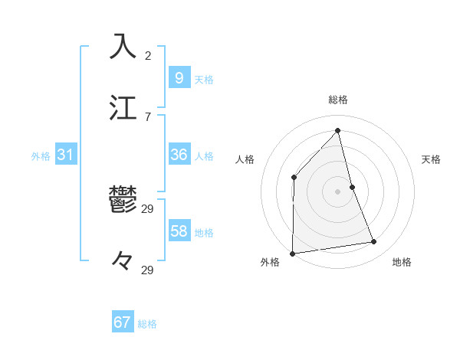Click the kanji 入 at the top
[x=123, y=46]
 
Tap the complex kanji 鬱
[x=123, y=201]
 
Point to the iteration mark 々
[x=123, y=262]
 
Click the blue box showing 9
[x=179, y=78]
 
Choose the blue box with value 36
[x=179, y=155]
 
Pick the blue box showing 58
[x=179, y=231]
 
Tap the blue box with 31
[x=65, y=155]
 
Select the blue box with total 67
[x=123, y=322]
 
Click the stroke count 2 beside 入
[x=148, y=56]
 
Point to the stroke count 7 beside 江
[x=148, y=116]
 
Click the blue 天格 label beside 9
[x=203, y=79]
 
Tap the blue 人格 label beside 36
[x=203, y=155]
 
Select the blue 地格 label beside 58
[x=203, y=232]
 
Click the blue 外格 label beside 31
[x=41, y=155]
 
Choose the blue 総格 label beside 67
[x=147, y=323]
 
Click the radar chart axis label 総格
[x=338, y=100]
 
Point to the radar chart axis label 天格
[x=431, y=159]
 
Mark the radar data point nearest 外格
[x=292, y=253]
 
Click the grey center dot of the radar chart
[x=337, y=191]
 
